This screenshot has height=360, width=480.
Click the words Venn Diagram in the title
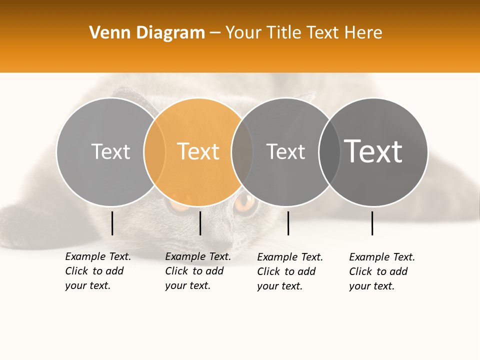pos(147,33)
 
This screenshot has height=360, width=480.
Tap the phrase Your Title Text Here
pos(303,33)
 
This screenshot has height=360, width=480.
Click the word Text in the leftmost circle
pos(110,151)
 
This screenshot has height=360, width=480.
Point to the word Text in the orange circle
pos(198,151)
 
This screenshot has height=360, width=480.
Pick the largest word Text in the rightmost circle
pos(373,151)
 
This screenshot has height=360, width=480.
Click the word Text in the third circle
pos(285,151)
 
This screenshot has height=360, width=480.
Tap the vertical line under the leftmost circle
pos(112,223)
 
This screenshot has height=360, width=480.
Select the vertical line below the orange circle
pos(200,223)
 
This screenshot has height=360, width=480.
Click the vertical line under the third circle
pos(288,223)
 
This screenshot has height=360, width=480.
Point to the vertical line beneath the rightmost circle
pos(372,223)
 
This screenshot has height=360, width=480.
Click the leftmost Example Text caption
pos(97,271)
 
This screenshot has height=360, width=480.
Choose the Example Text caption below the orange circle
pos(197,271)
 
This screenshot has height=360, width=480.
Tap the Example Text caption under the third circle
pos(289,271)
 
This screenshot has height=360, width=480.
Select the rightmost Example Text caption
pos(381,271)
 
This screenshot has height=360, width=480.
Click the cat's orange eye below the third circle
pos(245,202)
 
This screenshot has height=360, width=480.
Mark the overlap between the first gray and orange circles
pos(154,151)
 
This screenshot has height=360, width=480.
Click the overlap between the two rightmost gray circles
pos(329,151)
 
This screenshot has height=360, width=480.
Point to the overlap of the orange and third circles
pos(242,151)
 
